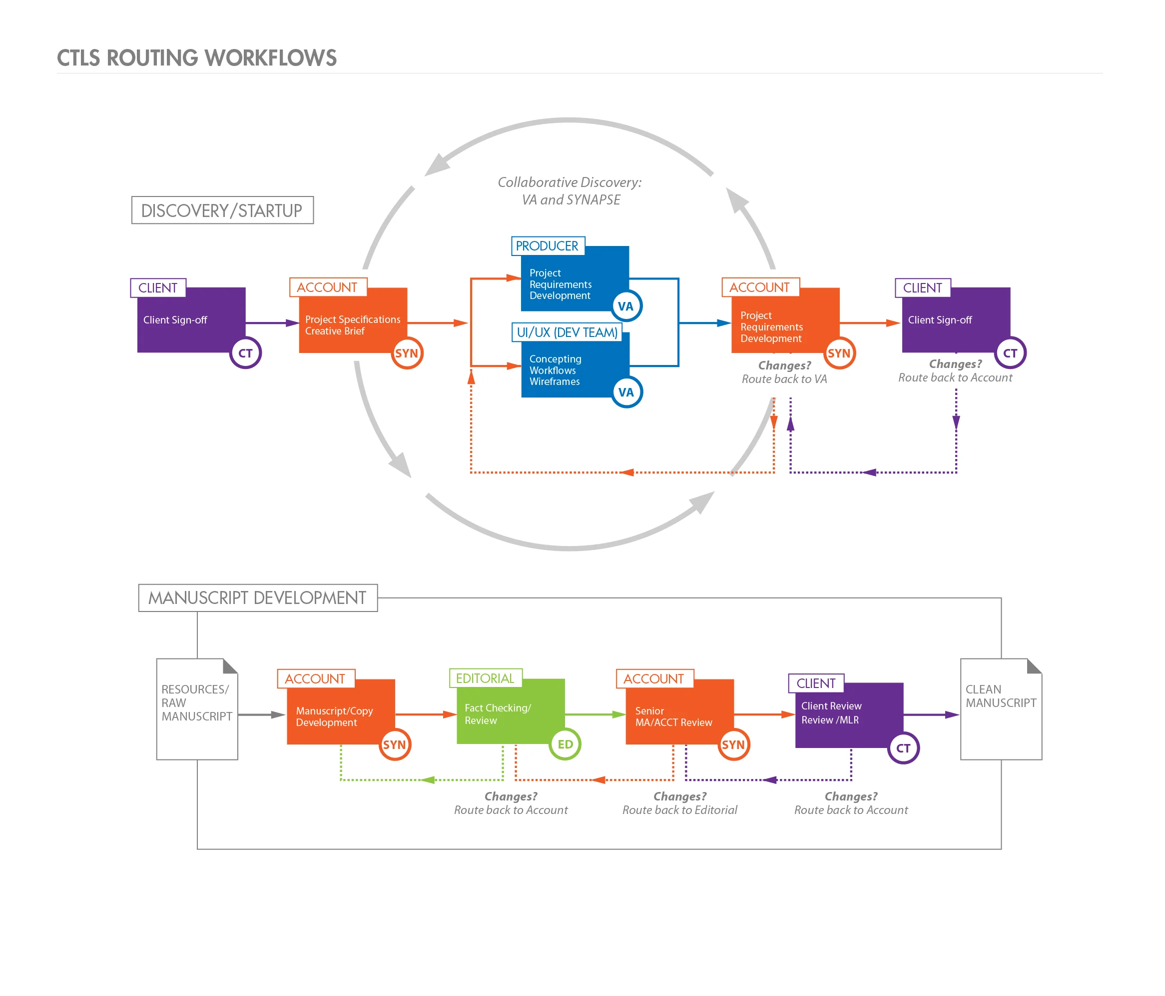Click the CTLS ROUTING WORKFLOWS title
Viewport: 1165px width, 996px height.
(x=196, y=58)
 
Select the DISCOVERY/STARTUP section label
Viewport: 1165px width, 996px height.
(x=222, y=210)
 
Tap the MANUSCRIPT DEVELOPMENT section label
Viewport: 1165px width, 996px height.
(x=257, y=597)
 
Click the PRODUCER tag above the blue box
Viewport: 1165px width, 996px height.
(x=547, y=246)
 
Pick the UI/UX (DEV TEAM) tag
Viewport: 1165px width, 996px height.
(x=567, y=332)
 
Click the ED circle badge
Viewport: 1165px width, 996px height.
(x=565, y=744)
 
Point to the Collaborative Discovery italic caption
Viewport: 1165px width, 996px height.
(x=570, y=191)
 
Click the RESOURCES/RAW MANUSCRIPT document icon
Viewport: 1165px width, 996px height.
(x=197, y=709)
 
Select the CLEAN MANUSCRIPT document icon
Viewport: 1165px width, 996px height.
(x=1001, y=709)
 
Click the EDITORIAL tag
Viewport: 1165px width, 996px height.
(x=485, y=678)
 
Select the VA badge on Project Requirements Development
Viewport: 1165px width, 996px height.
(x=626, y=306)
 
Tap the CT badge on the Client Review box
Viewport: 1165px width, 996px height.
(x=903, y=748)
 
